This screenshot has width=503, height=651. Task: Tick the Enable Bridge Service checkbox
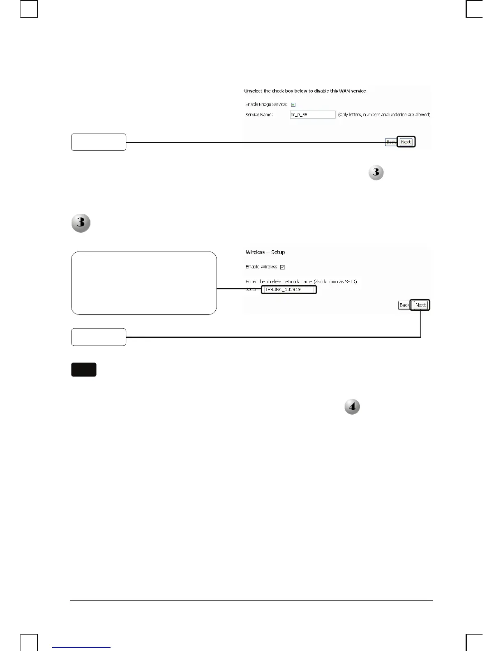tap(293, 104)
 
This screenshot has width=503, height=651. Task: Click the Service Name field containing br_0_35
tap(313, 115)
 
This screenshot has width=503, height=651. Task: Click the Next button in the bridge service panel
tap(406, 142)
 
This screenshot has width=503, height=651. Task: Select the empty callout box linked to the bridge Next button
tap(99, 142)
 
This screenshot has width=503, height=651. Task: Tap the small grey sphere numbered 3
tap(376, 173)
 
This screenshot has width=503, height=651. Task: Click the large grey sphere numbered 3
tap(81, 223)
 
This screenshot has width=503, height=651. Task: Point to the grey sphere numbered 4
tap(352, 407)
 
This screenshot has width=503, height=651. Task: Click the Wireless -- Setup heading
tap(265, 252)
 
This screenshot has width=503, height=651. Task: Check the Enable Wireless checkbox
tap(282, 267)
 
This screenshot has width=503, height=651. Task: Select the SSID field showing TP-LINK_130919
tap(289, 290)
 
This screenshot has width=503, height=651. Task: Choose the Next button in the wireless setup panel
tap(420, 305)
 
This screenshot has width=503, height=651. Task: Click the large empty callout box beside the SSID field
tap(144, 283)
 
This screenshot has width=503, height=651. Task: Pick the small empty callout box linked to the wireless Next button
tap(99, 337)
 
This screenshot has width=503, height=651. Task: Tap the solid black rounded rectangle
tap(84, 369)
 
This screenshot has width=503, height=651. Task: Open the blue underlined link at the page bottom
tap(82, 647)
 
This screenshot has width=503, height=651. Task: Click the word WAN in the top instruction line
tap(344, 91)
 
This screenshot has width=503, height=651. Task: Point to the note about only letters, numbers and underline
tap(384, 115)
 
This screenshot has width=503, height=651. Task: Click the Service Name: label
tap(259, 115)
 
